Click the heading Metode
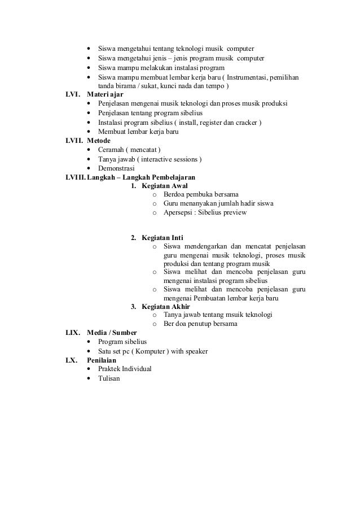click(99, 140)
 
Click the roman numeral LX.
click(72, 360)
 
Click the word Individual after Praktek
click(136, 369)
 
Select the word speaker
click(196, 351)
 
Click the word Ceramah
click(110, 150)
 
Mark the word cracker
click(244, 122)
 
